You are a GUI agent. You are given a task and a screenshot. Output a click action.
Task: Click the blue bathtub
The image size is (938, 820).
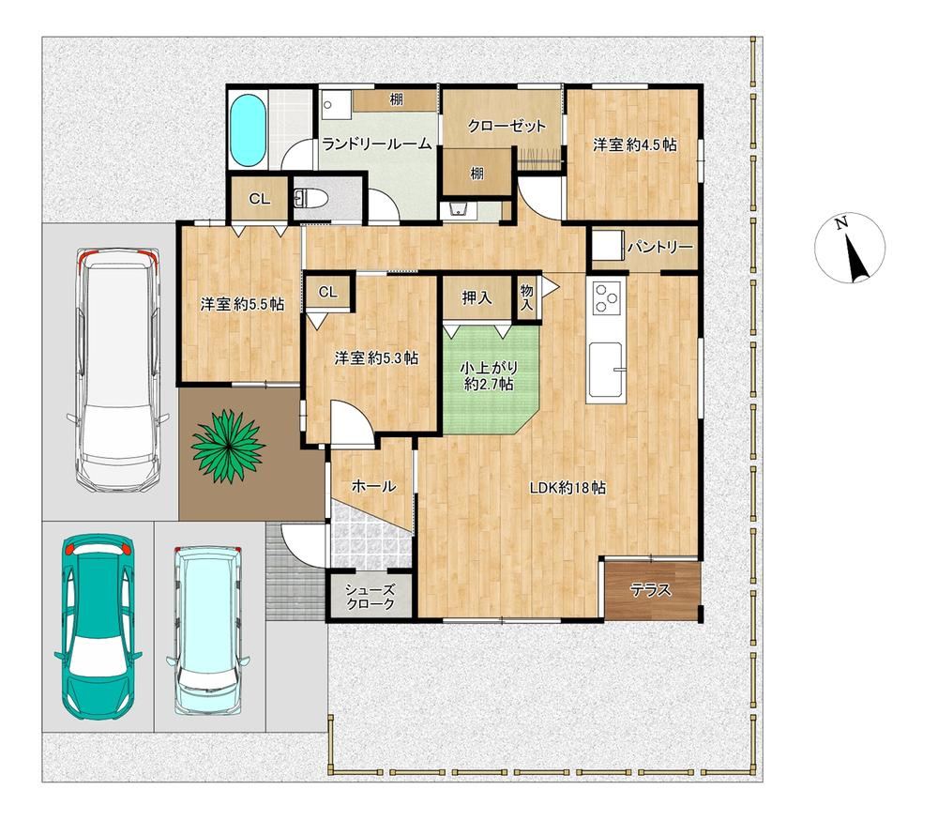click(247, 131)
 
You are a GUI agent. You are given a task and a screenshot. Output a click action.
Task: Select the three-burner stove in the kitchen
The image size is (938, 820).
click(607, 297)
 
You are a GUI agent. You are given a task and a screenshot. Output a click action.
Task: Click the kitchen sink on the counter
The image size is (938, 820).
click(607, 369)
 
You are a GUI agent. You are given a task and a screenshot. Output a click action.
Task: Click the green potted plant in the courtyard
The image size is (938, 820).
click(228, 444)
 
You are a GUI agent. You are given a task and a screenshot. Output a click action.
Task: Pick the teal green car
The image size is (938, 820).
click(98, 626)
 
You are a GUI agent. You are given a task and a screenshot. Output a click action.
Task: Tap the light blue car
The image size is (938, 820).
click(209, 630)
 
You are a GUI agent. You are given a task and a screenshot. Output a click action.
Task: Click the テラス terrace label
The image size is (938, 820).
click(651, 591)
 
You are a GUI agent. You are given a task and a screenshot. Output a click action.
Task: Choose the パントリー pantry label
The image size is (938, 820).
click(660, 247)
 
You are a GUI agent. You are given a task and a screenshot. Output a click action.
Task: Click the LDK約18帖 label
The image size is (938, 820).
click(567, 488)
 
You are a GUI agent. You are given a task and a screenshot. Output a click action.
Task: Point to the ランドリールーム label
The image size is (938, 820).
click(376, 144)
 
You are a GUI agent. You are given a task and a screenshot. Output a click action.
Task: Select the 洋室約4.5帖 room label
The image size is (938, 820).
click(635, 144)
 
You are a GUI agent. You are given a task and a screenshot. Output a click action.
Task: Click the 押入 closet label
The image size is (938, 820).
click(477, 297)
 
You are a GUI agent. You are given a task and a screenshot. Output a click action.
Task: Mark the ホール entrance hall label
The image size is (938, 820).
click(373, 486)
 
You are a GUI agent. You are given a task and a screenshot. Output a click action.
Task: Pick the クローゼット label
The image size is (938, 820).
click(507, 127)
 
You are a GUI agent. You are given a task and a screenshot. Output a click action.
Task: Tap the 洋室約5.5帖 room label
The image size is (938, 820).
click(242, 304)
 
